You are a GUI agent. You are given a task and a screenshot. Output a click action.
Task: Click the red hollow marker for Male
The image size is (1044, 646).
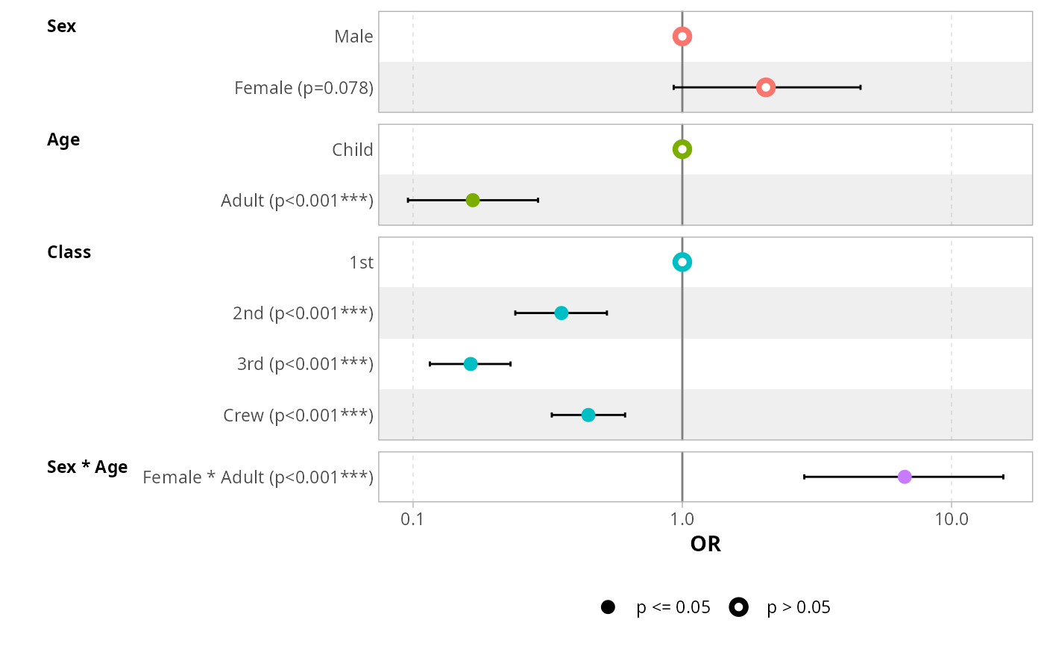pos(682,37)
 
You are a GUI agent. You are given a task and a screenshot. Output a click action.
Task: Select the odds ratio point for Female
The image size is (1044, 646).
pos(765,87)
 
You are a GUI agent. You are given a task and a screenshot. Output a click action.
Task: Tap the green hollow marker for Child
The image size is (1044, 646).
pos(682,149)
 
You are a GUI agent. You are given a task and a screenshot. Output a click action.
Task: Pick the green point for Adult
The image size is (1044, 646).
pos(472,200)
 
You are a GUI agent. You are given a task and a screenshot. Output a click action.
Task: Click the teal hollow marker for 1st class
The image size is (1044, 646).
pos(682,262)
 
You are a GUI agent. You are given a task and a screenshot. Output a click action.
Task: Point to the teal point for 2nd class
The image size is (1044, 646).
pos(561,313)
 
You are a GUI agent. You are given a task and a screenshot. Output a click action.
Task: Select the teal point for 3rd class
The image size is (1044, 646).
pos(470,364)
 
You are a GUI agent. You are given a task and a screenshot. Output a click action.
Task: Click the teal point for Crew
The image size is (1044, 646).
pos(588,415)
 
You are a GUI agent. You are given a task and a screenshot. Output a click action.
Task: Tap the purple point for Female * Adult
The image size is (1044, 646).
pos(904,477)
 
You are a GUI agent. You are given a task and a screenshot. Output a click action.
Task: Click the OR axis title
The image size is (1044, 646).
pos(705,545)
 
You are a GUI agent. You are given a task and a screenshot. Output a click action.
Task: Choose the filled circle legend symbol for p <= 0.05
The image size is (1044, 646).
pos(608,607)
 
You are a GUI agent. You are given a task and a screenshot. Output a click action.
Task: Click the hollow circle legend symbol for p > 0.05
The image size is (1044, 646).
pos(738,607)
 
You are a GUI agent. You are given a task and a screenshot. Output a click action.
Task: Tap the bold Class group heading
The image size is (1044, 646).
pos(69,252)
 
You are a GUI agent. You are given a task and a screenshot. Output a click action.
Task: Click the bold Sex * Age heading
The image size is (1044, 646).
pos(87,467)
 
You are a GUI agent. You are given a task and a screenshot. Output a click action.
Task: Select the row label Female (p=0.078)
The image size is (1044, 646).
pos(304,88)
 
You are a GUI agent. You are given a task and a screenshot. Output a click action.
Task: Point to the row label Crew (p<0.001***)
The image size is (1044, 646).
pos(298,415)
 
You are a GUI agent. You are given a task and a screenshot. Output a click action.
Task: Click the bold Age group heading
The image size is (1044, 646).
pos(63,139)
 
